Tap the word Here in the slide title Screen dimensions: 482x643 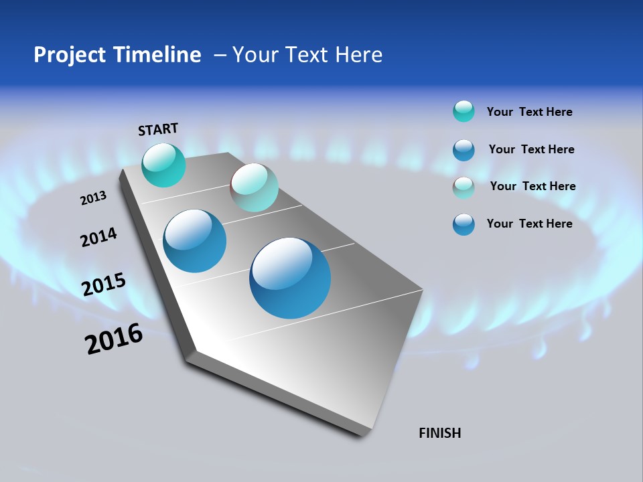pos(358,55)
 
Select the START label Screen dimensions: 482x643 pos(158,129)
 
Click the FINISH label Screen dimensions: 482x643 pos(440,433)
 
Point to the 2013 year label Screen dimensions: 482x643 pos(93,198)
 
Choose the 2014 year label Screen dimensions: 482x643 pos(98,238)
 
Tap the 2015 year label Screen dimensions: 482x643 pos(104,285)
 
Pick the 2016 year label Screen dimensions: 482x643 pos(114,339)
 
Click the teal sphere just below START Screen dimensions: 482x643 pos(163,165)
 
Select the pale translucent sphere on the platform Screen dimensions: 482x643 pos(254,187)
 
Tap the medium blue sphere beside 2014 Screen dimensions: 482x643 pos(194,241)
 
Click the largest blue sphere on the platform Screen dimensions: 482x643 pos(290,278)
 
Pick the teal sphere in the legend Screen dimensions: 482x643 pos(463,111)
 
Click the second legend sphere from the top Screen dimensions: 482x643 pos(463,150)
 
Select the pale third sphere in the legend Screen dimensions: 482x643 pos(463,187)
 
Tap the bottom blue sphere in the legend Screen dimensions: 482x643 pos(463,224)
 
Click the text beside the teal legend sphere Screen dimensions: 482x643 pos(529,112)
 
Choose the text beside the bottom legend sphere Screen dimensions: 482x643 pos(529,224)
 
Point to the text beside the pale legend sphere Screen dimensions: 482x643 pos(532,186)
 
